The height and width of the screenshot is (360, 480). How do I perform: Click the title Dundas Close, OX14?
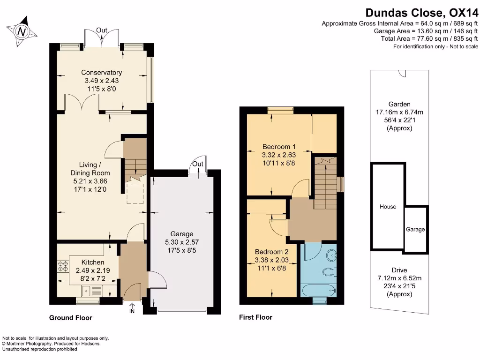coord(421,13)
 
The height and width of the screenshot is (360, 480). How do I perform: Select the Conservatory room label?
coord(101,72)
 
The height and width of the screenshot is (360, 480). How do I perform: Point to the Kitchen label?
coord(93,262)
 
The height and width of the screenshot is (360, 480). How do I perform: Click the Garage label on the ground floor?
coord(182,234)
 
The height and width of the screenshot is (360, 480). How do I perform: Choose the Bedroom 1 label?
coord(279,146)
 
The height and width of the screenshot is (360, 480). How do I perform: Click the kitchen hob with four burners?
coord(63,266)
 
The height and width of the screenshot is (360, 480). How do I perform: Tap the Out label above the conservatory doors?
coord(102,30)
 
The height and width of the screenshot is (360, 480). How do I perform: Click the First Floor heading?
coord(255,317)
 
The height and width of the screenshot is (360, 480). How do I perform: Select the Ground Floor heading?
coord(71,318)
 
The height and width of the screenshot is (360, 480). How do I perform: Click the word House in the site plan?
coord(388,207)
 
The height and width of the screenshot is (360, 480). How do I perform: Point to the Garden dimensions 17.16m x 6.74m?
coord(399,112)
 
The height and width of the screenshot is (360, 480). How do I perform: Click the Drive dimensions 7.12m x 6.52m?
coord(399,278)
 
